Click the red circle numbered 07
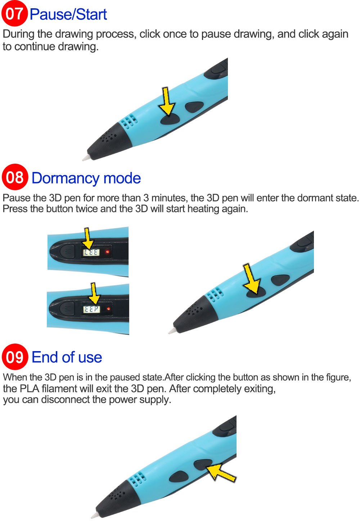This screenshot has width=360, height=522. pos(14,14)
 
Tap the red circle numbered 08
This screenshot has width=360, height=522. pos(15,177)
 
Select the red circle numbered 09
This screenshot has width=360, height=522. pos(15,357)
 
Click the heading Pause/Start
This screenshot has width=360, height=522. pos(68,14)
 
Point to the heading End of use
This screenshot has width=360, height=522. pos(67,357)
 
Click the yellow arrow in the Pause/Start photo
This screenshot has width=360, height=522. pos(166,101)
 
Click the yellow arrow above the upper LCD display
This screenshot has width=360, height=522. pos(88,238)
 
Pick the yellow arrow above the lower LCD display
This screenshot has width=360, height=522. pos(94,294)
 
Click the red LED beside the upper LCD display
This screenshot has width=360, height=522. pos(108,252)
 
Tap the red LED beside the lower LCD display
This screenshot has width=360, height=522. pos(108,309)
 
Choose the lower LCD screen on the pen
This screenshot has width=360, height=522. pos(92,309)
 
